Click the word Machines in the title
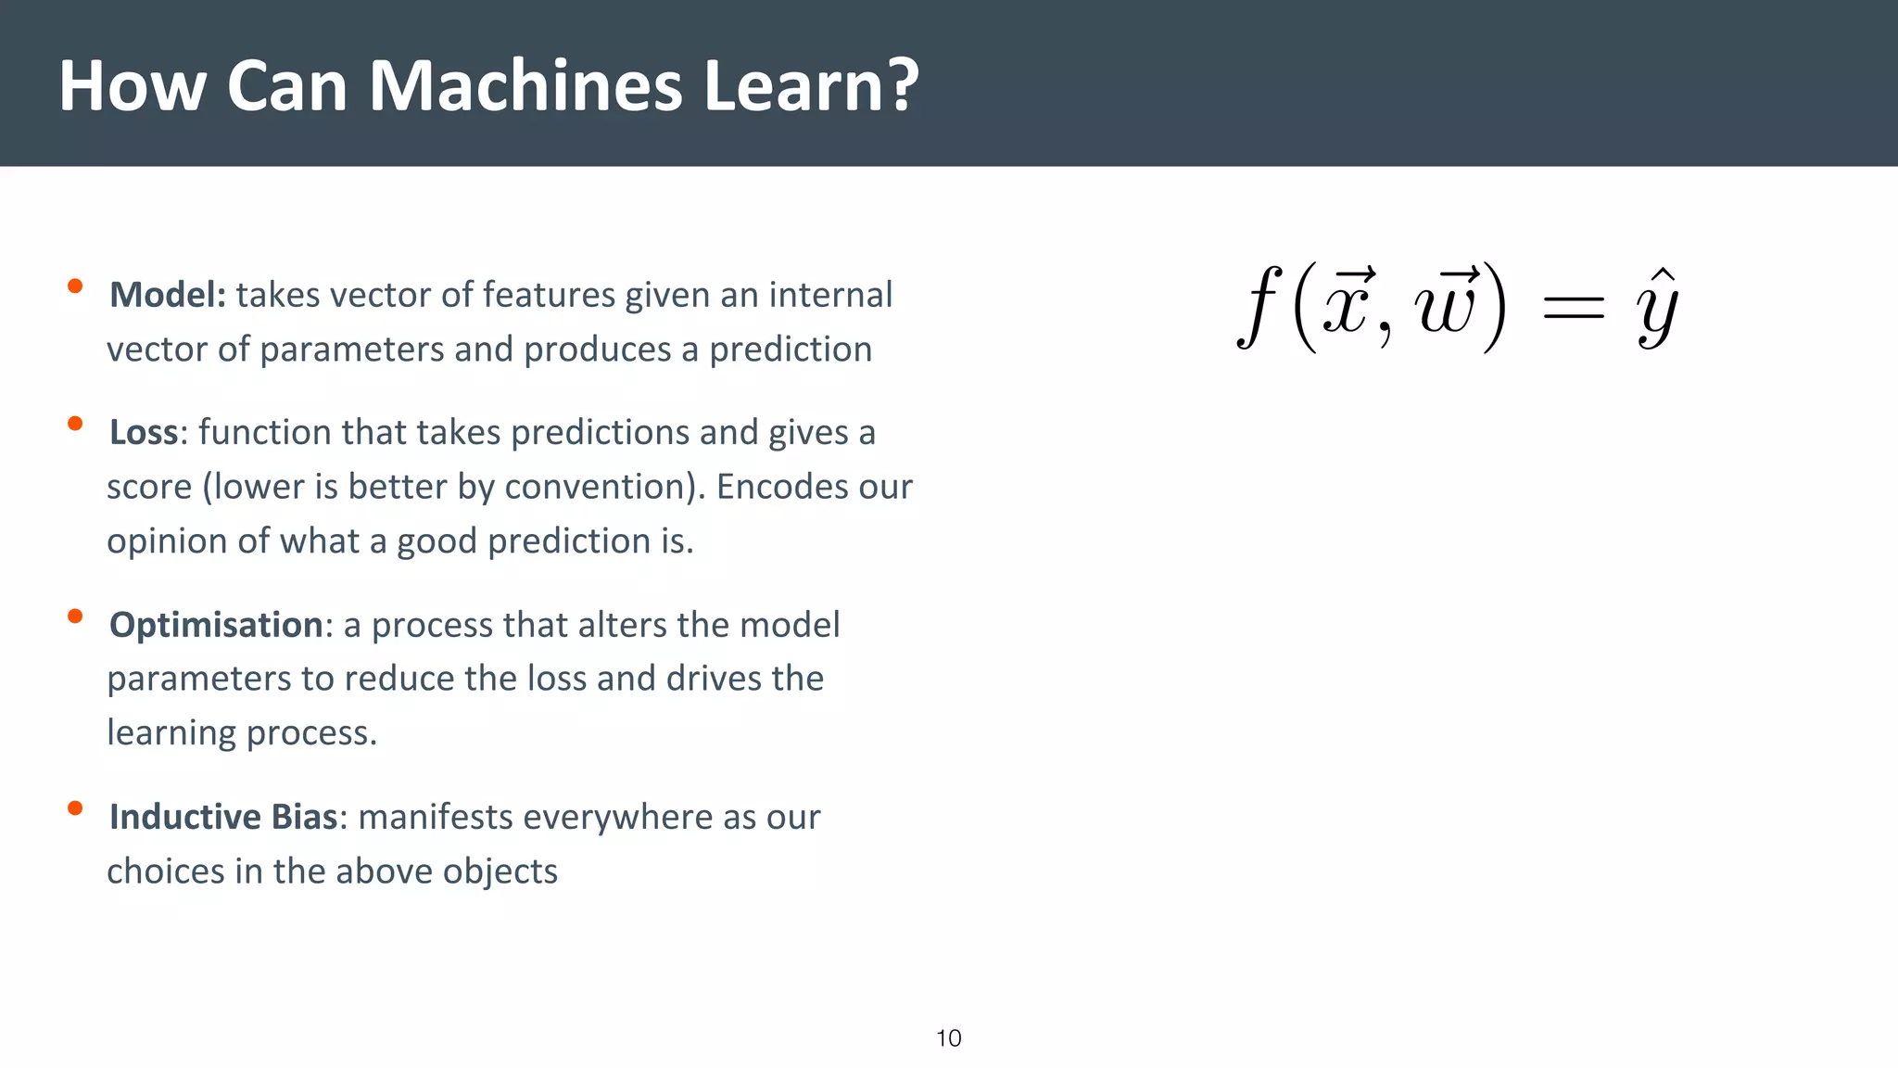click(x=525, y=85)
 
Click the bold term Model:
click(x=167, y=295)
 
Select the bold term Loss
click(x=143, y=432)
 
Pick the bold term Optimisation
click(x=216, y=625)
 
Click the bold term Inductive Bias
click(x=222, y=817)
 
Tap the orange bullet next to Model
click(x=75, y=286)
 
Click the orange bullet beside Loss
click(x=75, y=424)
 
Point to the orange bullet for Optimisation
click(x=75, y=616)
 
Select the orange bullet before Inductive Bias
click(x=75, y=808)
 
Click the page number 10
click(x=948, y=1038)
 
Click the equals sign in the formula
click(x=1573, y=310)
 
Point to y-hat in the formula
click(x=1657, y=311)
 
